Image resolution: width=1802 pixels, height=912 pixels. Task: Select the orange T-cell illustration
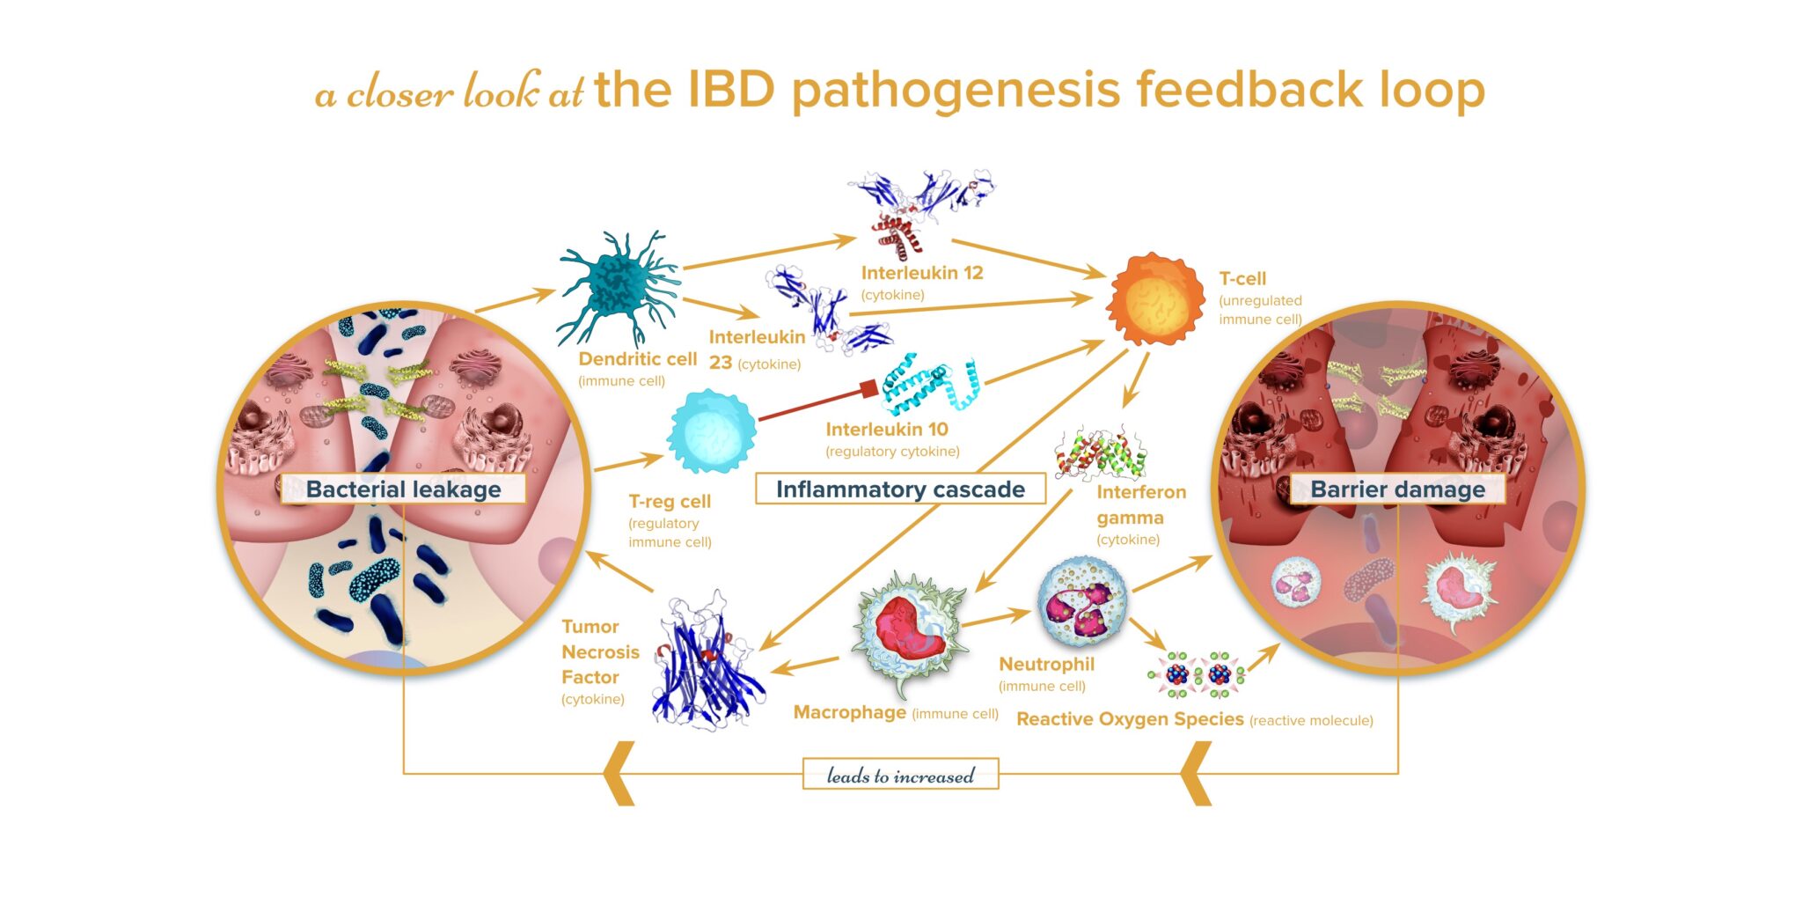click(1154, 300)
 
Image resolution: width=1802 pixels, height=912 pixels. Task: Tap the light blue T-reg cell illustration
click(711, 432)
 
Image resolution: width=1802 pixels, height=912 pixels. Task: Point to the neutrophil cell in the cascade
click(1081, 601)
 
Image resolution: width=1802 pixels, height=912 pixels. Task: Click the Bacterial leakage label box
click(403, 489)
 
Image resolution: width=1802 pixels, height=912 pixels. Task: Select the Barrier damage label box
click(1397, 489)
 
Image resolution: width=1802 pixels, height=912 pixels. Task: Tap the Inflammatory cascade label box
click(900, 489)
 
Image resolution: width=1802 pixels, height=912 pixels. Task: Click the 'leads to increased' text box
click(900, 775)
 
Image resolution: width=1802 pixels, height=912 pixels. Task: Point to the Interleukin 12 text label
click(921, 273)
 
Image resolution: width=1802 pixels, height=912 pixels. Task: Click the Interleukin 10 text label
click(886, 430)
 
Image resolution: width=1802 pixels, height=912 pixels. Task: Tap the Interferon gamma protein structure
click(1100, 453)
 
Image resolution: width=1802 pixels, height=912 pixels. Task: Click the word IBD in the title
click(730, 89)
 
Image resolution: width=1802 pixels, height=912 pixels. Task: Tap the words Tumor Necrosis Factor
click(600, 651)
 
